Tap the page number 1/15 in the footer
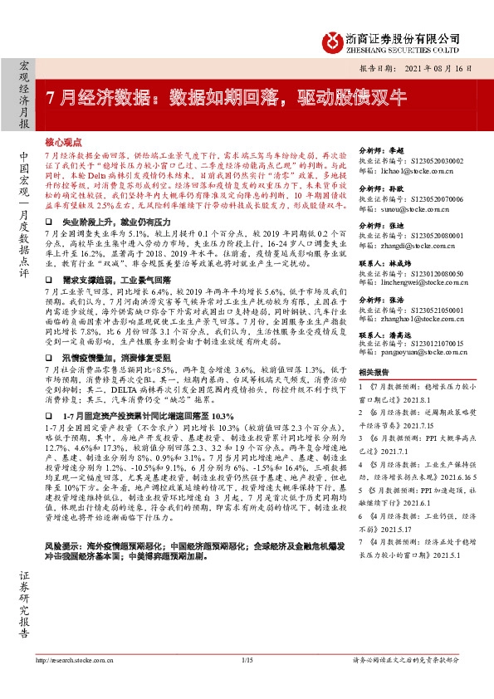(246, 683)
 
